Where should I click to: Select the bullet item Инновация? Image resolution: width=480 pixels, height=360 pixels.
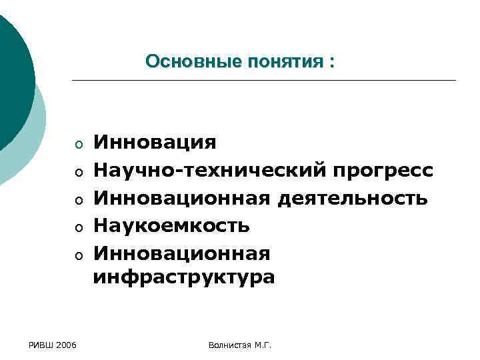click(155, 142)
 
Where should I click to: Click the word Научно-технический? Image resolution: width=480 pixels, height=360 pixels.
click(208, 170)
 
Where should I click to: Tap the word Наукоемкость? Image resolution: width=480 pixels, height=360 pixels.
click(171, 225)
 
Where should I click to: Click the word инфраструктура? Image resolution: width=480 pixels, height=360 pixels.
click(183, 276)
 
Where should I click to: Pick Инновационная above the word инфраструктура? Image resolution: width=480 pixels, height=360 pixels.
click(182, 253)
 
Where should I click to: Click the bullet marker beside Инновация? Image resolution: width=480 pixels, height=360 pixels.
click(78, 145)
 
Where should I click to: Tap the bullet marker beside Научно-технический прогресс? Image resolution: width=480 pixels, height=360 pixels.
click(78, 173)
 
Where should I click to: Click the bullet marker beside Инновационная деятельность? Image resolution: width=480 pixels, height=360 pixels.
click(78, 200)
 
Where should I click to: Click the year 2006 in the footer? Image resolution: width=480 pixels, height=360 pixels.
click(66, 345)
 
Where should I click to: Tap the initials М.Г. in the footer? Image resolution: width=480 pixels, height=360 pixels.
click(264, 345)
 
